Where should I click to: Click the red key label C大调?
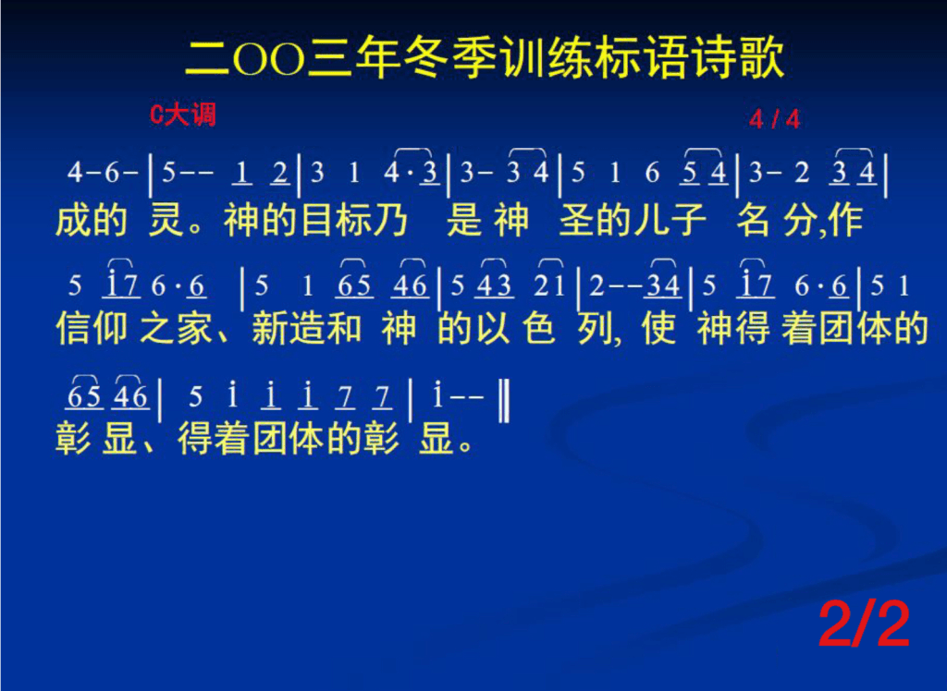tap(182, 114)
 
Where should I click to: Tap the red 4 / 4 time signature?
tap(774, 119)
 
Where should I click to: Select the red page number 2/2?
tap(865, 625)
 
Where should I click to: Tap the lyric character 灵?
tap(166, 220)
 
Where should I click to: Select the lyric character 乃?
tap(390, 220)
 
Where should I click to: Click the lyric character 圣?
tap(575, 220)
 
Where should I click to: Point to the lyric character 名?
tap(753, 220)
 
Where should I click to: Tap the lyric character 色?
tap(538, 329)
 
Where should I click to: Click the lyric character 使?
tap(658, 329)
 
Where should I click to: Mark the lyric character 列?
tap(595, 329)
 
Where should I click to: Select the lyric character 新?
tap(269, 329)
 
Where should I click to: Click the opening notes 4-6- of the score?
tap(103, 173)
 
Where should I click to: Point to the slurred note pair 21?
tap(549, 283)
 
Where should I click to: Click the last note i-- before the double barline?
tap(459, 396)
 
